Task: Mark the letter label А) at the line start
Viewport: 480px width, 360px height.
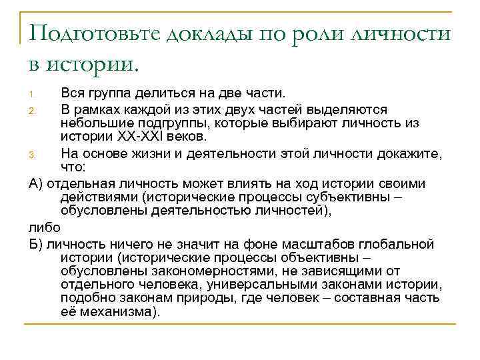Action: click(37, 183)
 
